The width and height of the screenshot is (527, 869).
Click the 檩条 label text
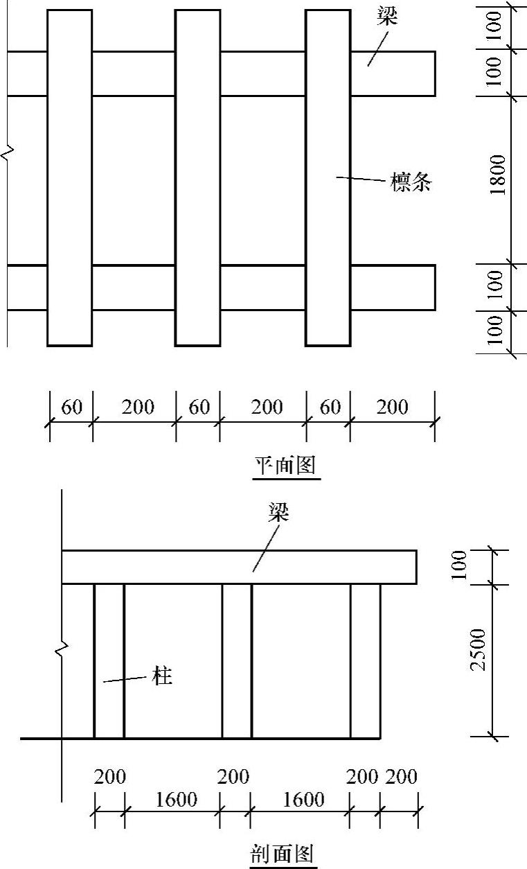tap(411, 183)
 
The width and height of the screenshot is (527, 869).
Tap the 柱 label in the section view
tap(162, 676)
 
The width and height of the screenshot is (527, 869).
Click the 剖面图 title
tap(283, 853)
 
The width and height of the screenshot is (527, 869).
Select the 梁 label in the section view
tap(278, 513)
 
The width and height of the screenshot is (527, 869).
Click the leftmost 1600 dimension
tap(172, 800)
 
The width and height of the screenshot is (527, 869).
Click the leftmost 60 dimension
tap(71, 407)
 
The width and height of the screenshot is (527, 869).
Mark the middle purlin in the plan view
tap(197, 177)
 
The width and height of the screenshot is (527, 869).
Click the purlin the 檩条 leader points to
tap(328, 177)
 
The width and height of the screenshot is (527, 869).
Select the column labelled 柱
tap(109, 661)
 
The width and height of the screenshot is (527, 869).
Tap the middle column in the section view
tap(237, 661)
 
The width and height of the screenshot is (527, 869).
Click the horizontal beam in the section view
tap(239, 567)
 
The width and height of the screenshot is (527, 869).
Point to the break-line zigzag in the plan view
tap(8, 152)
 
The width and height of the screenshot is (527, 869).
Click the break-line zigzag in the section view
tap(62, 649)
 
